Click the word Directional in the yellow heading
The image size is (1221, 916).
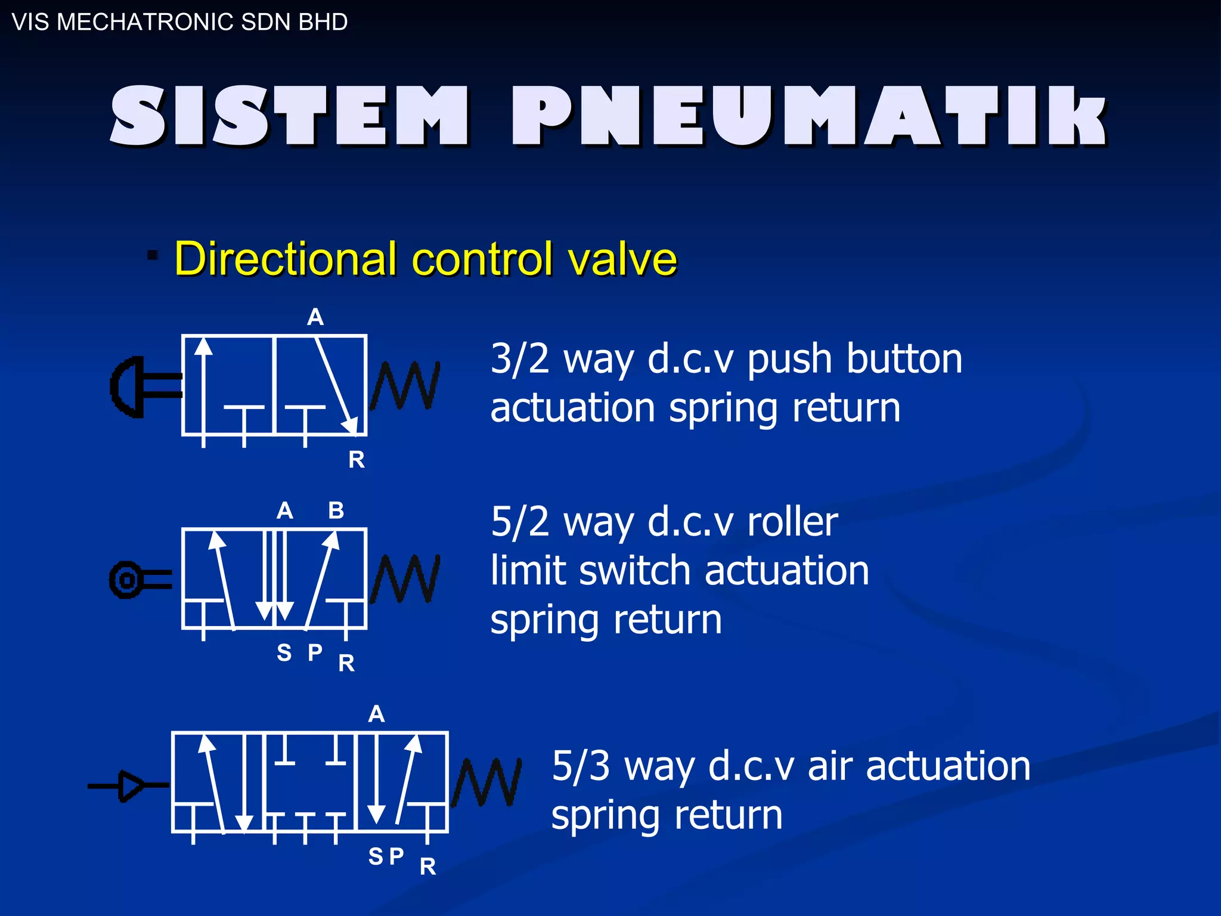coord(286,259)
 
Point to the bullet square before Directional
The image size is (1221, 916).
coord(153,255)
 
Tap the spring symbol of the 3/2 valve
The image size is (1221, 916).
coord(405,386)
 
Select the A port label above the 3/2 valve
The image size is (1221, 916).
coord(315,317)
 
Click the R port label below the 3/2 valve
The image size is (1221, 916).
coord(357,460)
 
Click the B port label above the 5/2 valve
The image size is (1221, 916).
coord(336,510)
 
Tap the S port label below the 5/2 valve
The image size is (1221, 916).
coord(284,653)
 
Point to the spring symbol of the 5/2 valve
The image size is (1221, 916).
coord(405,579)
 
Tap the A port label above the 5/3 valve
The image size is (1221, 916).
coord(376,714)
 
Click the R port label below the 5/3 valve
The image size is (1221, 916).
coord(427,867)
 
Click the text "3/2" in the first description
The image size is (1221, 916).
coord(519,359)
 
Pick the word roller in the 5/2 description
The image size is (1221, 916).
coord(792,522)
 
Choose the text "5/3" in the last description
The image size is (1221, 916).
coord(581,766)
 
